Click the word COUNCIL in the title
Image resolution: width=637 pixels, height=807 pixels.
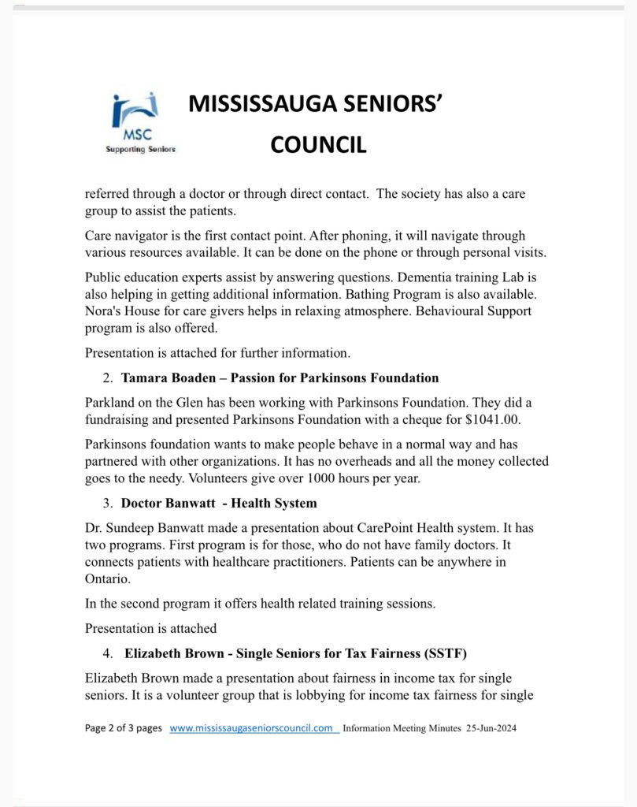click(318, 145)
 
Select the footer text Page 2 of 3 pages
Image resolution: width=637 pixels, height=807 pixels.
click(124, 729)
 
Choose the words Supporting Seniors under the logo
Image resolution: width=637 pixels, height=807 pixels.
click(141, 149)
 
